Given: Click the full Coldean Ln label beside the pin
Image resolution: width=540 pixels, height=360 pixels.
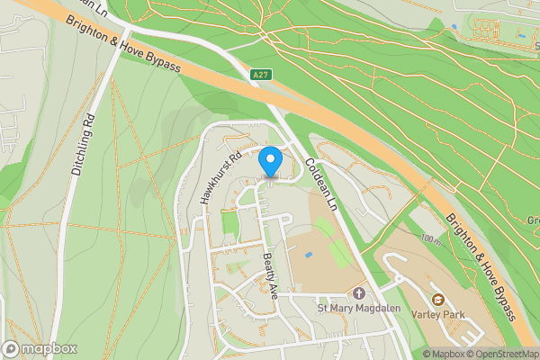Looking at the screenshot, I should pos(319,185).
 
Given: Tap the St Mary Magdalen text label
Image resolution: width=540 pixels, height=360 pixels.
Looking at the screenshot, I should pos(359,310).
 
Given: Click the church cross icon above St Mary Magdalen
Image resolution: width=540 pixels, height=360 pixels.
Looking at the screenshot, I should pos(359,294).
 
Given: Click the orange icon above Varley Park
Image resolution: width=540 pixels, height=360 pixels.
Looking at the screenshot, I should pos(438,299).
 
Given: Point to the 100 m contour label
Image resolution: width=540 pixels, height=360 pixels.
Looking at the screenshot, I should pos(430,239).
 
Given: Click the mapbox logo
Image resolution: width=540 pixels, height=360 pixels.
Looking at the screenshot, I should pos(40,348).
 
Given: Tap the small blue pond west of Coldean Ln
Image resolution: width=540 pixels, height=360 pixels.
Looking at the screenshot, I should pos(309,254).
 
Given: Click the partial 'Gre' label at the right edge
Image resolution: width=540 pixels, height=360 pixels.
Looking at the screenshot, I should pos(532,220).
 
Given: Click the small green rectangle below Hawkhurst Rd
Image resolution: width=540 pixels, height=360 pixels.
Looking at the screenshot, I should pos(229,221).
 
